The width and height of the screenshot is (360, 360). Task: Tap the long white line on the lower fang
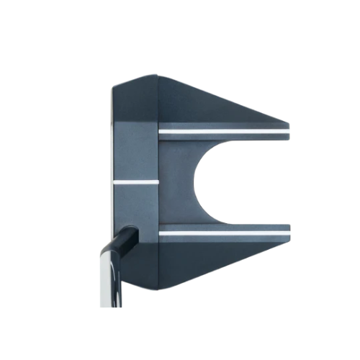[223, 234]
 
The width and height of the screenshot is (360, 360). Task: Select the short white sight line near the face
[135, 182]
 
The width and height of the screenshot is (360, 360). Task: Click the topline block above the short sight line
[135, 155]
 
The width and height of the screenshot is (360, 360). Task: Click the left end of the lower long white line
[161, 234]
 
